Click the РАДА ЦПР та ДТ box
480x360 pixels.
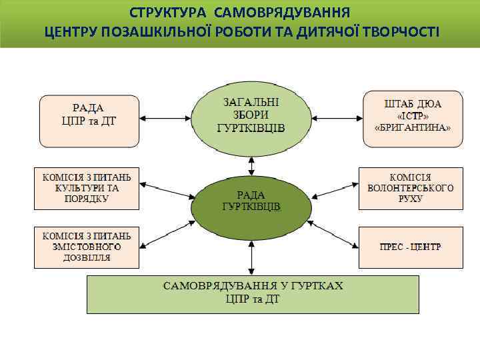(89, 120)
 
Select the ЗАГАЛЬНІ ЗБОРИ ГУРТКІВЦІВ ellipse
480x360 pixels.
(251, 117)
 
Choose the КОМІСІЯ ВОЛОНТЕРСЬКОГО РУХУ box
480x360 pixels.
(411, 188)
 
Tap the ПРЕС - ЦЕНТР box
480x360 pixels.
(411, 247)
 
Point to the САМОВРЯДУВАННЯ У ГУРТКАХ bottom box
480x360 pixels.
(253, 294)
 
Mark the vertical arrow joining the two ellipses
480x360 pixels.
(251, 165)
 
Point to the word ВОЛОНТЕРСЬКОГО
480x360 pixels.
(411, 188)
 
